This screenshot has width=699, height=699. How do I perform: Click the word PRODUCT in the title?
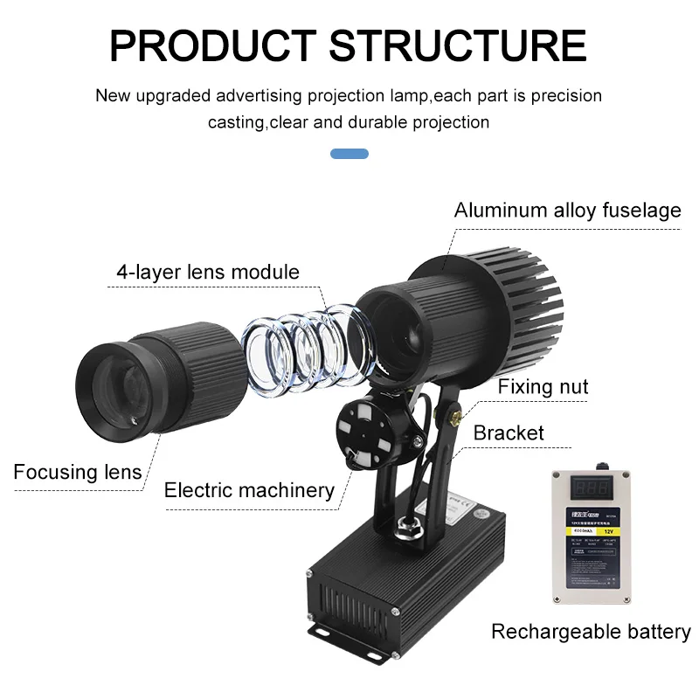coord(212,45)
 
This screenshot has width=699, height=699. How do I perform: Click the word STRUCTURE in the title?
coord(459,45)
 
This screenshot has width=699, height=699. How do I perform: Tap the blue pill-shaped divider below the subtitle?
coord(349,154)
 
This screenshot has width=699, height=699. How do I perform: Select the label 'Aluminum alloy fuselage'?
coord(567,211)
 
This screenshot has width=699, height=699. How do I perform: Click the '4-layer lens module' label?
coord(208,272)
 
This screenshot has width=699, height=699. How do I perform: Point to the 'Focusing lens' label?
coord(77,472)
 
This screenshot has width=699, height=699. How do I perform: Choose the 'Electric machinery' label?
coord(249,490)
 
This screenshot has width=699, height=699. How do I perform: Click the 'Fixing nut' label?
coord(543,387)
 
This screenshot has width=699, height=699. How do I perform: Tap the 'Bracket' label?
coord(509,433)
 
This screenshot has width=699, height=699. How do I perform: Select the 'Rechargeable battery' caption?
coord(591,631)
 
